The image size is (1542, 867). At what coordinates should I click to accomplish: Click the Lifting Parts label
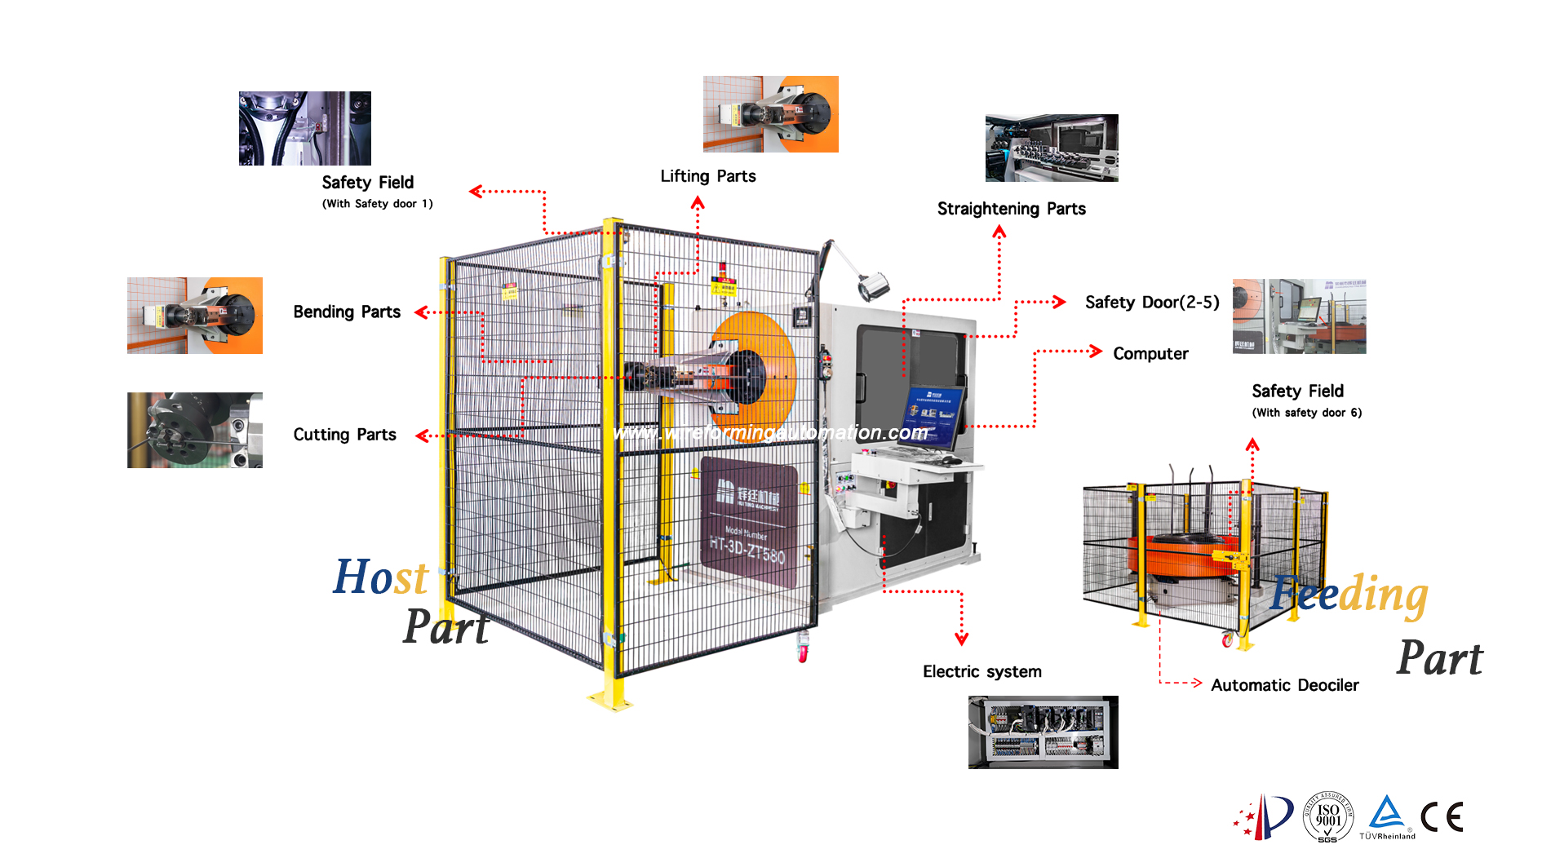707,176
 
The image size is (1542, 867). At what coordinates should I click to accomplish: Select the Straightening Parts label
1011,209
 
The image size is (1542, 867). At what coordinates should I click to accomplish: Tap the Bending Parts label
347,312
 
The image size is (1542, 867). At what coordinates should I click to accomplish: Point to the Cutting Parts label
344,435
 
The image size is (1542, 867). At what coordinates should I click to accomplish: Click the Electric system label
981,672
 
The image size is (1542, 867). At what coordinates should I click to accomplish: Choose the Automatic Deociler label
1284,686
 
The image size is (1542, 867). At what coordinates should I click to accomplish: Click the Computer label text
1150,354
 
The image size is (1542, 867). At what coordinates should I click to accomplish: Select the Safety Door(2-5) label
1151,303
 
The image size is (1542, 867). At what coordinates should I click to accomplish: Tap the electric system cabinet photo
1043,732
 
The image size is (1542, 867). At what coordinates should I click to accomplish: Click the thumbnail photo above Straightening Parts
1052,148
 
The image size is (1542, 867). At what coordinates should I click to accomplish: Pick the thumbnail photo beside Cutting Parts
194,430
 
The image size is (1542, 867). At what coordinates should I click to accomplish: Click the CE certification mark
1442,817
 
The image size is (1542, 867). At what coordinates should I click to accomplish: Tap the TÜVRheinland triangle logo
1387,815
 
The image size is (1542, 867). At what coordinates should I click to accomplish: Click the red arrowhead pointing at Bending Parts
421,312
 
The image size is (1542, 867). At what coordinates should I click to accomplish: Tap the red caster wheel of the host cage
803,653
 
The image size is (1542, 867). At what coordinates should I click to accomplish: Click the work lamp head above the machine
872,285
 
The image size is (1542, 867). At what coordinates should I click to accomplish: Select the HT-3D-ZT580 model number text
747,550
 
